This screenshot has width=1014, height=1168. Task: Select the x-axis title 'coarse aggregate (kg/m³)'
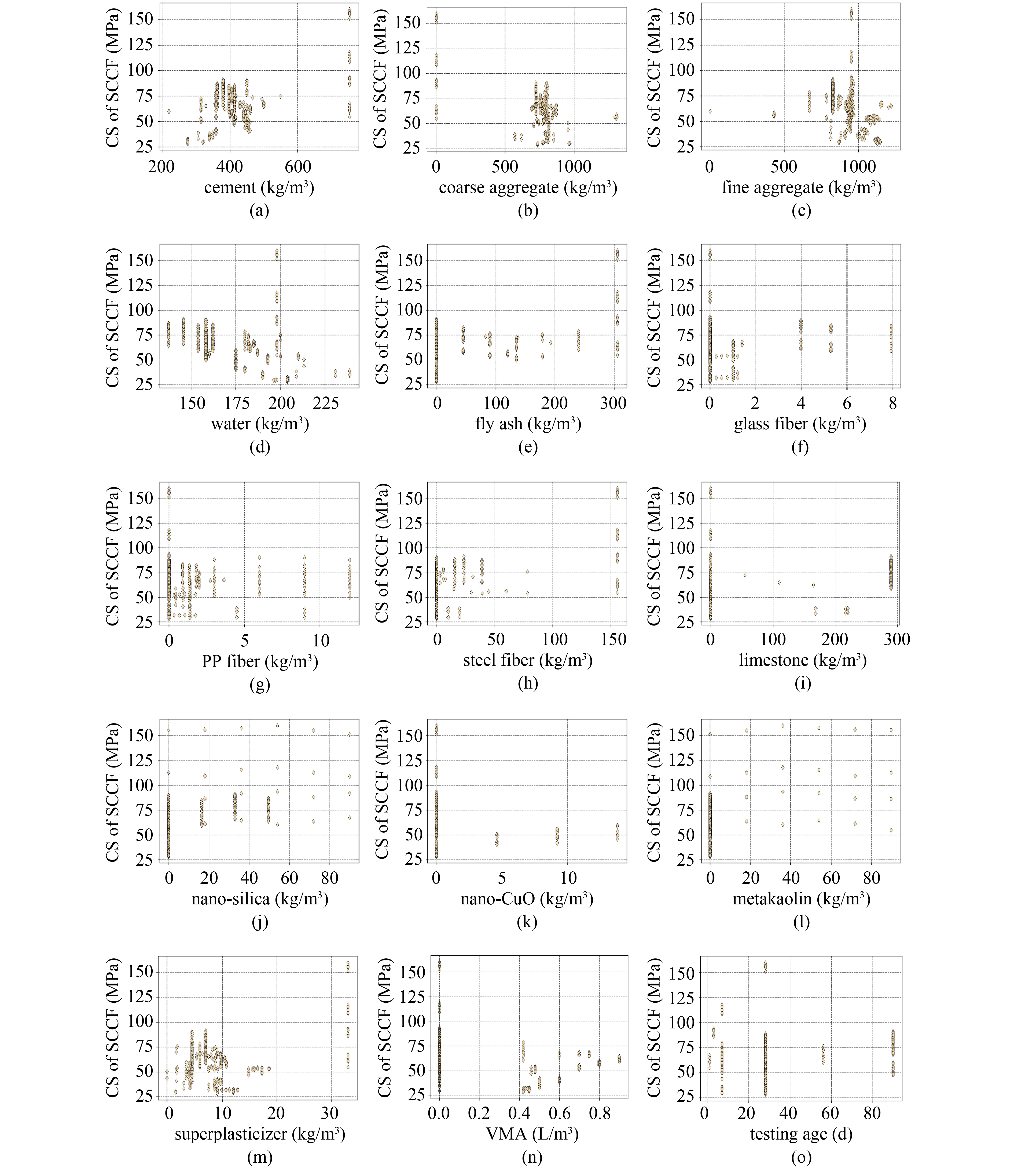tap(527, 187)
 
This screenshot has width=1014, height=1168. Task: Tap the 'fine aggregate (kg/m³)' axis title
tap(801, 187)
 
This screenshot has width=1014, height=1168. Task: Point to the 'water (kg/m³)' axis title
tap(260, 424)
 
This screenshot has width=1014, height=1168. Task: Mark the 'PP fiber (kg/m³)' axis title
tap(260, 661)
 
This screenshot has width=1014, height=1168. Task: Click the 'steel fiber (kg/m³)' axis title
tap(527, 660)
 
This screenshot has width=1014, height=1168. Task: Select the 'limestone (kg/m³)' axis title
tap(802, 660)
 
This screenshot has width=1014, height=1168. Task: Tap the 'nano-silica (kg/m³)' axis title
tap(260, 898)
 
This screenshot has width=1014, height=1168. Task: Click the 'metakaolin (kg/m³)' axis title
tap(801, 898)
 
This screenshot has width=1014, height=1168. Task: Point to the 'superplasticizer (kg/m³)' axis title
tap(260, 1134)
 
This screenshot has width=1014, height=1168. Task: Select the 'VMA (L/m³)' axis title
tap(532, 1134)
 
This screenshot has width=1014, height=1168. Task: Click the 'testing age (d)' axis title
tap(801, 1134)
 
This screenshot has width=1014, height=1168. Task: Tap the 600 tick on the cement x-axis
tap(298, 167)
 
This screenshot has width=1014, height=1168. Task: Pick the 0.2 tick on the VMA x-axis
tap(479, 1114)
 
